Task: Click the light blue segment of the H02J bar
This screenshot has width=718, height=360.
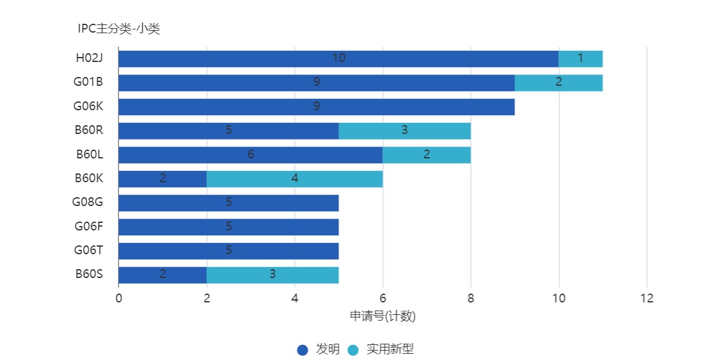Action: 580,59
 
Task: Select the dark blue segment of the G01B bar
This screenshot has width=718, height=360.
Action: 316,83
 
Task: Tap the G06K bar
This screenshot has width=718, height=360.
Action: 316,107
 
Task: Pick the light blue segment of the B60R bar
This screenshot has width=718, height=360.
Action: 404,131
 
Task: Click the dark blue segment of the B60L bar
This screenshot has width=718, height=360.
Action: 250,155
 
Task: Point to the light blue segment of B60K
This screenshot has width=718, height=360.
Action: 294,179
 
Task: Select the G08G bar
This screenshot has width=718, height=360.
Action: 228,203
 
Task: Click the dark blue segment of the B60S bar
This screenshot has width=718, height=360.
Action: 162,275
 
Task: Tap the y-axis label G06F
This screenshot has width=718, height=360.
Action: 88,227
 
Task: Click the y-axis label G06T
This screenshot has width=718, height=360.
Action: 88,250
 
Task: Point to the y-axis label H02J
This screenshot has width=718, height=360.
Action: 89,58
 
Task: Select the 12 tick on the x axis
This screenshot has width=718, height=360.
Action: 647,299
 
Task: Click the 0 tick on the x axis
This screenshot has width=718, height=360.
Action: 118,299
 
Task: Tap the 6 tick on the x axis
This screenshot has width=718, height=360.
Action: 382,299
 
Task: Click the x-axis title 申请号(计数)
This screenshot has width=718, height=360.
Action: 382,316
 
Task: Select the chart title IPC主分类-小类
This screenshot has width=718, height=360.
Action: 119,29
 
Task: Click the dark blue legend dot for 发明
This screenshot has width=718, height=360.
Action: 302,350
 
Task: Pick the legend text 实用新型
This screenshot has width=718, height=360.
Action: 390,349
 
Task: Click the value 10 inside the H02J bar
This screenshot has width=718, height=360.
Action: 339,58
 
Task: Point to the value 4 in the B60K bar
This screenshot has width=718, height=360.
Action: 294,178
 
